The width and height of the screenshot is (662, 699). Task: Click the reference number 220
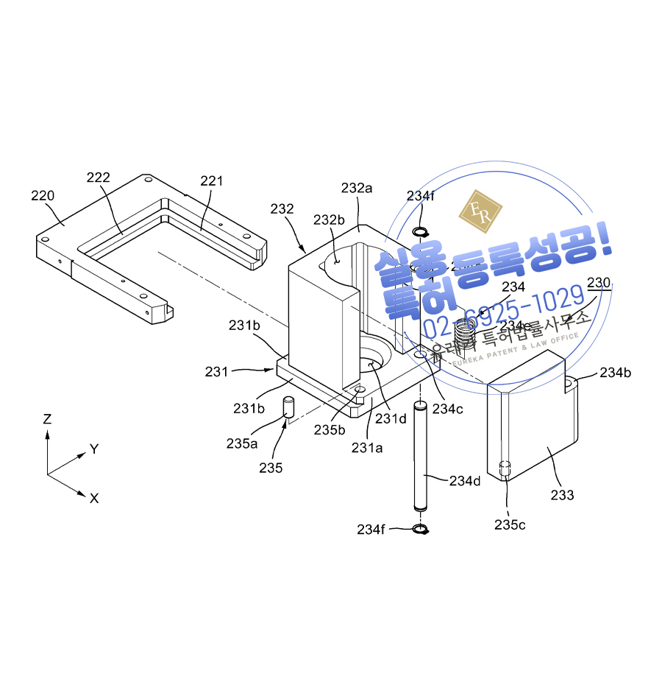coord(43,195)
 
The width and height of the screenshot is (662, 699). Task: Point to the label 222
coord(98,178)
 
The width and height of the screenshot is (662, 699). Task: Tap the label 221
coord(211,180)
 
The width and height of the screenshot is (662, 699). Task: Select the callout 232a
coord(357,188)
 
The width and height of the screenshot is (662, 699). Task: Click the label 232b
coord(329,219)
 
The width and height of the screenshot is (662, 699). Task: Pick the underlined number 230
coord(599,283)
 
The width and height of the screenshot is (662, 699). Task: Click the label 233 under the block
coord(563,495)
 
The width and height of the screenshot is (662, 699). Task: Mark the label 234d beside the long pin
coord(465,480)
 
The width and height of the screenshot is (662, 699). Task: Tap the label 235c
coord(510,524)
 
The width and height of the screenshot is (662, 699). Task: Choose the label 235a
coord(242,443)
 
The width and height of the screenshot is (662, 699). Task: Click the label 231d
coord(390,419)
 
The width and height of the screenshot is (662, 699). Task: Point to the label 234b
coord(616,373)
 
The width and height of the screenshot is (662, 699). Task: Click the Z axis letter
coord(48,419)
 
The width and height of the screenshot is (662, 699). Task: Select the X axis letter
coord(94,499)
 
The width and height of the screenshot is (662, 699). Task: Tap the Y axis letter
coord(94,449)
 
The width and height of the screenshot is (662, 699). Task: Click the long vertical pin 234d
coord(421,457)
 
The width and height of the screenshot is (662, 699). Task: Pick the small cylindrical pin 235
coord(288,409)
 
